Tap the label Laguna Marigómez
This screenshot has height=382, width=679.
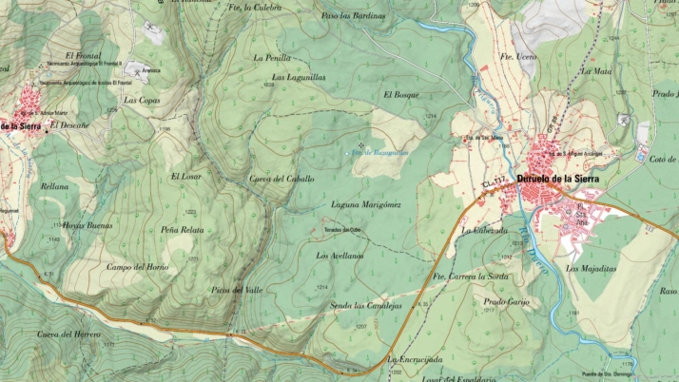(366, 204)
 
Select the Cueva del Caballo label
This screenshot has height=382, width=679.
(281, 179)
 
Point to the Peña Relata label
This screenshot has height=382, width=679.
(181, 231)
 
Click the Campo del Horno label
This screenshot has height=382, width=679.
(137, 266)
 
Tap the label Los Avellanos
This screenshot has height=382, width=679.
(339, 256)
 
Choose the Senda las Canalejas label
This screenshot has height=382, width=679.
(365, 306)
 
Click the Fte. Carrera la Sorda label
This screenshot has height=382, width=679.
(472, 277)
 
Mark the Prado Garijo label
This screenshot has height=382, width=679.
(506, 301)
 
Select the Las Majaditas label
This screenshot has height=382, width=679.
(592, 268)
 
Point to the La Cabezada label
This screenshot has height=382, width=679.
(485, 230)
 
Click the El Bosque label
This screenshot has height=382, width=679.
(401, 95)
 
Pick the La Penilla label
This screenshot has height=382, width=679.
(272, 57)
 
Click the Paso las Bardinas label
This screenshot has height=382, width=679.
(354, 16)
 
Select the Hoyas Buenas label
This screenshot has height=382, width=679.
(87, 225)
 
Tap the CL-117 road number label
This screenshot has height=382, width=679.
(494, 180)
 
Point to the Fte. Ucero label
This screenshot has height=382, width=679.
(519, 58)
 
